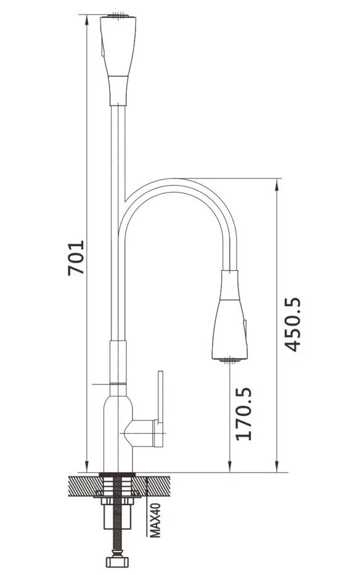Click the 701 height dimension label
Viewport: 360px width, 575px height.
click(x=76, y=257)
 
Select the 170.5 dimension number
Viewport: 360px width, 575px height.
click(x=243, y=413)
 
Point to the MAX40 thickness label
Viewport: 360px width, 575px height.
click(x=155, y=520)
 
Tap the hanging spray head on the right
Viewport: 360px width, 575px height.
click(x=230, y=315)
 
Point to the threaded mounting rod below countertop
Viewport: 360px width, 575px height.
click(x=118, y=513)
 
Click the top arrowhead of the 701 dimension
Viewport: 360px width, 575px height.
click(x=87, y=20)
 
